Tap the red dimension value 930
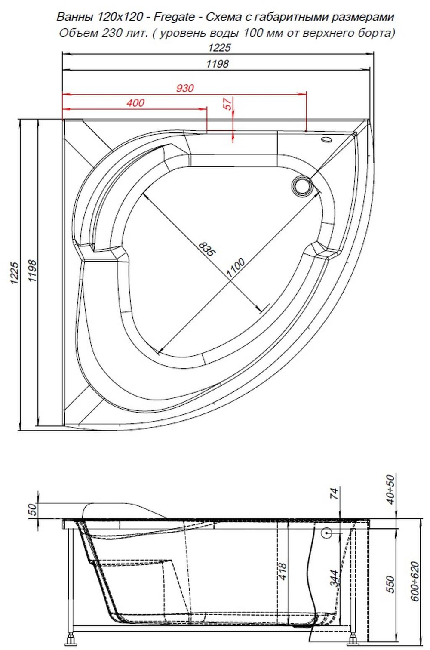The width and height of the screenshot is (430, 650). coord(185,88)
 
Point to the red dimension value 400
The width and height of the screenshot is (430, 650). coord(135,103)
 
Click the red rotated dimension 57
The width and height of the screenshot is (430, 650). coord(227,104)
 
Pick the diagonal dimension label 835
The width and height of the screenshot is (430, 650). coord(206,248)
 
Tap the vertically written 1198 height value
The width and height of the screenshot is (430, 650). coord(33,271)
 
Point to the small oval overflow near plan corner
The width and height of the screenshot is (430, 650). coord(327,139)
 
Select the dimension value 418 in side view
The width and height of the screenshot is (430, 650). coord(283,572)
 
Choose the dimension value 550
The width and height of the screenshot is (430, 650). coord(390,584)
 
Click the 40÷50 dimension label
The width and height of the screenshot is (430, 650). coord(390,489)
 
